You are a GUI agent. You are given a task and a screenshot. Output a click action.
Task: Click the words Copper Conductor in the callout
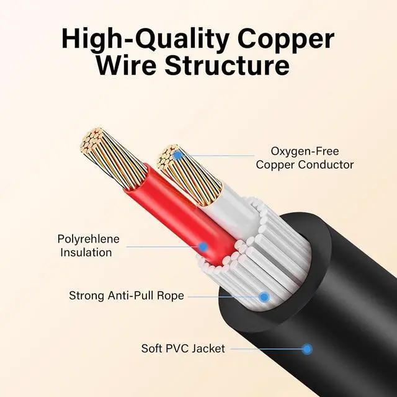coord(305,164)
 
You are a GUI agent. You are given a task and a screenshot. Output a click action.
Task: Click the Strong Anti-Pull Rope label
coord(127,296)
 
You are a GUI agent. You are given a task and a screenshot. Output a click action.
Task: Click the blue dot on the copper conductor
coord(177,155)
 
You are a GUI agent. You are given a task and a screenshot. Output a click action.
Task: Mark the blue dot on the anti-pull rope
coord(264,297)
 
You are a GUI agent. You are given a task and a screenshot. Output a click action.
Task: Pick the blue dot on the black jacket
coord(306,349)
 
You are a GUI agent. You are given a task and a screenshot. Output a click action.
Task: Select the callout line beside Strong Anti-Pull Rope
coord(224,297)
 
